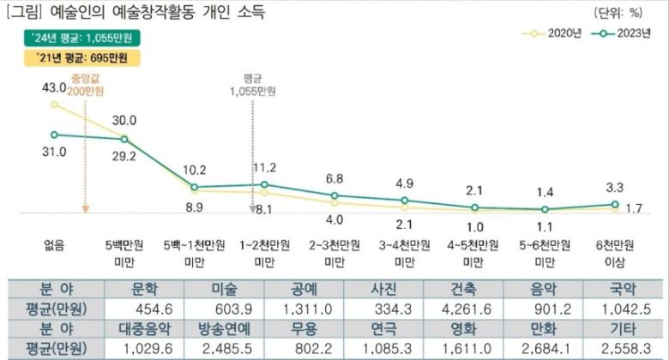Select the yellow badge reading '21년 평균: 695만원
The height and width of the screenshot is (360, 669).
click(76, 58)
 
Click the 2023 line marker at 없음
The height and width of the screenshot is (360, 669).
click(54, 134)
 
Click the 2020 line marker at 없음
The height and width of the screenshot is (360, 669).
click(54, 105)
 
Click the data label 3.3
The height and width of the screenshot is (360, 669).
click(615, 185)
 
